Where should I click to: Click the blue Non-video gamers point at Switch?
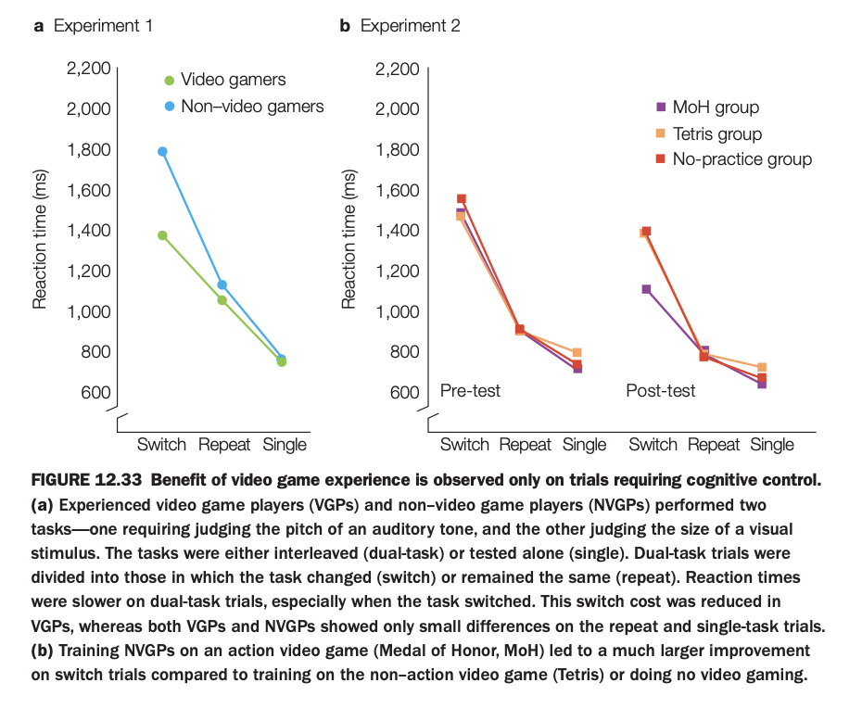pos(163,151)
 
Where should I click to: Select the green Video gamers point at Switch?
pos(163,235)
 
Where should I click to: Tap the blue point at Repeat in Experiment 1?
pos(222,284)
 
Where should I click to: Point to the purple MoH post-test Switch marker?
pos(646,289)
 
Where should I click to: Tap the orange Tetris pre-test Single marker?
pos(577,353)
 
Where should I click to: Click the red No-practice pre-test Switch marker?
pos(462,199)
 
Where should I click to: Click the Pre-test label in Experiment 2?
pos(470,391)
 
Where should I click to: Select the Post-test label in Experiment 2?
pos(661,391)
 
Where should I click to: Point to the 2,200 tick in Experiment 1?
pos(89,70)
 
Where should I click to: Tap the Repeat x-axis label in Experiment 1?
pos(224,445)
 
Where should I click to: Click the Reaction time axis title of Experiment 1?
pos(41,241)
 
